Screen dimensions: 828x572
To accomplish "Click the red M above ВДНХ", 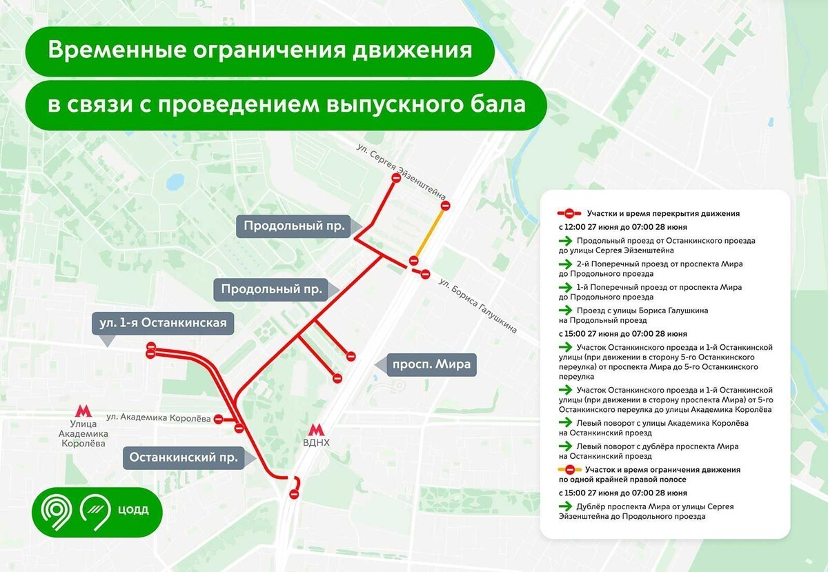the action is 317,430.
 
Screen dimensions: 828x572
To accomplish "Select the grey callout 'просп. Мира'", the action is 432,365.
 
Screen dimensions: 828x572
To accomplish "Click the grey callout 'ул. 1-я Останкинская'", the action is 162,323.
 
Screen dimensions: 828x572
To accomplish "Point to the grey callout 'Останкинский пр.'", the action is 184,457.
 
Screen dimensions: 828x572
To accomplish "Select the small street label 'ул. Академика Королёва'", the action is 158,417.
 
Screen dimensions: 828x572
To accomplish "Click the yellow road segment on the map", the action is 429,233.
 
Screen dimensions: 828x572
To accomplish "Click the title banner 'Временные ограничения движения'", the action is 260,50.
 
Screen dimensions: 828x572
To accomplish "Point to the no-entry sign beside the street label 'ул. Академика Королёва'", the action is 219,418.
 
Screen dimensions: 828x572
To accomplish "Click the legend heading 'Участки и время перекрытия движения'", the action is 662,214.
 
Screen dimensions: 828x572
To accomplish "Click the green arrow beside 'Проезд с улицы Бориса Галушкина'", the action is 565,310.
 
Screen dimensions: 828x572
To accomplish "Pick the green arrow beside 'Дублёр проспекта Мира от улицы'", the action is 565,506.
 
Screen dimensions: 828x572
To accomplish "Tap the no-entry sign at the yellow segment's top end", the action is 446,206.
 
